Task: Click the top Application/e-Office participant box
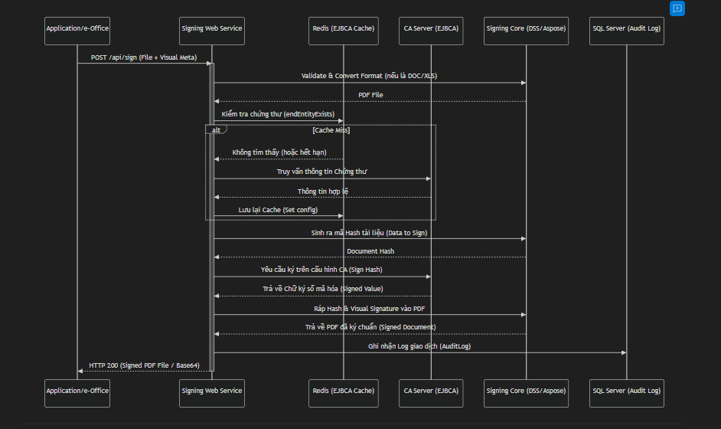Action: (x=77, y=28)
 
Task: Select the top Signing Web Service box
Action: (x=212, y=28)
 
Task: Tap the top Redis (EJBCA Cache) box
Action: (x=344, y=28)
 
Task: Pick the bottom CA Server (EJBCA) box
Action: (x=431, y=391)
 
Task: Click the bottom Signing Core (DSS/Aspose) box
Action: (x=527, y=391)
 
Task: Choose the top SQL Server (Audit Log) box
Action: (x=627, y=28)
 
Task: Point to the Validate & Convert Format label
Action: (x=370, y=76)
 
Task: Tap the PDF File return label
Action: (x=370, y=95)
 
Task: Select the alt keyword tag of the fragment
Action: (x=216, y=130)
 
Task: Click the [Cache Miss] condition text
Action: (x=331, y=130)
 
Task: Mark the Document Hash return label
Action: (x=370, y=251)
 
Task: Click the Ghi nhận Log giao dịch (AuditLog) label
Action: (x=420, y=346)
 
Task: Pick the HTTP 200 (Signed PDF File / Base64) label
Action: (x=145, y=365)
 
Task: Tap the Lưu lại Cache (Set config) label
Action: (x=278, y=209)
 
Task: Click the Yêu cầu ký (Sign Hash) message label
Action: (x=321, y=270)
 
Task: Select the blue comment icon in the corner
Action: (x=677, y=8)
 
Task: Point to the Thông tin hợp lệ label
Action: (x=322, y=191)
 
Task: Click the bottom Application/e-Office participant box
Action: (x=77, y=391)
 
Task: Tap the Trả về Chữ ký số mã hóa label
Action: (x=321, y=289)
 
